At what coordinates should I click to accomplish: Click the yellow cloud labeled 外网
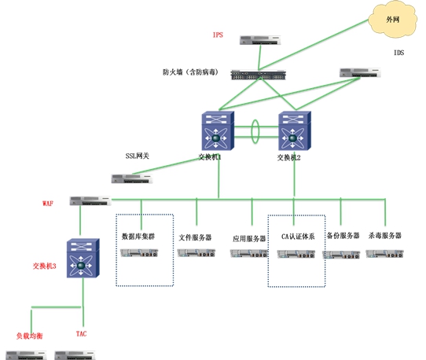tap(393, 20)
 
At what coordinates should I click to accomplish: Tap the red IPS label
tap(218, 35)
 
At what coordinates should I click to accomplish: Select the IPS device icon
tap(260, 41)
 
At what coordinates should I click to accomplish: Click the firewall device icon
tap(259, 75)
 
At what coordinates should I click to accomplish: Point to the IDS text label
tap(398, 53)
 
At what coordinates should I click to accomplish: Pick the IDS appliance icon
tap(360, 73)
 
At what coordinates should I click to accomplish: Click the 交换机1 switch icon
tap(218, 130)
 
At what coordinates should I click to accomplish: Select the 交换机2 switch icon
tap(295, 130)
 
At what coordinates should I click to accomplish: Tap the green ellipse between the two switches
tap(252, 131)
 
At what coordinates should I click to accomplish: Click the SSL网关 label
tap(138, 156)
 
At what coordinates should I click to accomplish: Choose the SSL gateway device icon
tap(132, 178)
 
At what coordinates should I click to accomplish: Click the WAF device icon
tap(90, 200)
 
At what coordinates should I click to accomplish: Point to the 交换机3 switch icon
tap(83, 258)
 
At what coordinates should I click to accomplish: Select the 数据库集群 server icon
tap(139, 253)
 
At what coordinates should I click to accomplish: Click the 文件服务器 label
tap(195, 237)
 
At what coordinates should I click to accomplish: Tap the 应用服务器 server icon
tap(249, 254)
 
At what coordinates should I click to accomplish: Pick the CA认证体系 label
tap(298, 237)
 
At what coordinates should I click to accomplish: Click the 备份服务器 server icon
tap(341, 255)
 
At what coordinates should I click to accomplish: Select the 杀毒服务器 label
tap(385, 235)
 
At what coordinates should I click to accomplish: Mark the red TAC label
tap(81, 333)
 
